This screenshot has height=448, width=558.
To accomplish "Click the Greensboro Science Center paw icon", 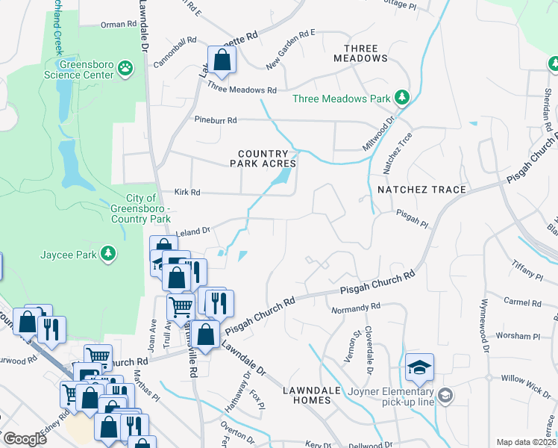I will (126, 69).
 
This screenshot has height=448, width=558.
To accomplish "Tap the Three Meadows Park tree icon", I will (402, 97).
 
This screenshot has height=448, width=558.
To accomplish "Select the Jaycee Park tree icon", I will (109, 253).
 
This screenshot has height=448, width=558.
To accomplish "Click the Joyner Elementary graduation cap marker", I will (419, 367).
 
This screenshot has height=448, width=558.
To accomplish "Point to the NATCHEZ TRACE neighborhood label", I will (421, 190).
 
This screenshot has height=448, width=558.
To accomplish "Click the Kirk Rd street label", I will (187, 192).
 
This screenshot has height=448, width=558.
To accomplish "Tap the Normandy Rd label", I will (361, 306).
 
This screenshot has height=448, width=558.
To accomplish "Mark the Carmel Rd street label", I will (522, 303).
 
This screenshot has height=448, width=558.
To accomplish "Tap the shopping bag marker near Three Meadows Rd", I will (222, 60).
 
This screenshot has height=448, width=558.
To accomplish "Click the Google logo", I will (25, 439).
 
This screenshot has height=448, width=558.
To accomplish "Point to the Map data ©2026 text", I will (525, 442).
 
